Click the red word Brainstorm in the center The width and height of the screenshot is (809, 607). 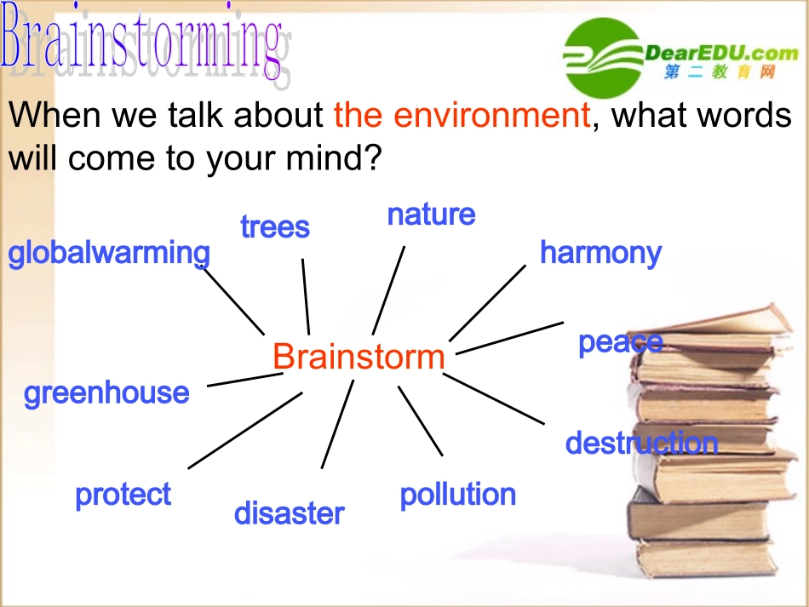click(x=359, y=357)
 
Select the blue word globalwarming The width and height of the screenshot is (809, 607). click(x=109, y=254)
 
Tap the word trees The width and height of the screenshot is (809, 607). click(x=275, y=227)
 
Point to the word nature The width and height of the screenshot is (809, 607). click(x=432, y=215)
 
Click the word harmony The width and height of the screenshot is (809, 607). click(x=600, y=254)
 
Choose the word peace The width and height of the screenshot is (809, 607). click(x=621, y=343)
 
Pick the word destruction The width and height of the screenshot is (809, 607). click(x=642, y=443)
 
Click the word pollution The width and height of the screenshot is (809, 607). click(x=458, y=495)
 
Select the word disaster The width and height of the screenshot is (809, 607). click(x=289, y=513)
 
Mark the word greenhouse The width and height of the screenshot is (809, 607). click(x=106, y=393)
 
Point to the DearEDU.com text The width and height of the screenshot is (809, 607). click(x=721, y=52)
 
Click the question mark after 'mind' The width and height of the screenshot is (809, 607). click(x=372, y=157)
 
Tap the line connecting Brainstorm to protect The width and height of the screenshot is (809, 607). click(x=245, y=431)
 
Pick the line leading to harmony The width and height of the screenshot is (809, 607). click(x=488, y=303)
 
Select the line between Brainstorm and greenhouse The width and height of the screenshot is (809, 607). click(x=244, y=380)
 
